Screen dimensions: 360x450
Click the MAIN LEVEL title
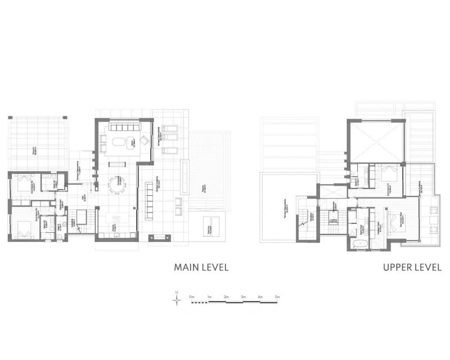(x=201, y=268)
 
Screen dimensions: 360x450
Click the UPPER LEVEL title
(x=412, y=268)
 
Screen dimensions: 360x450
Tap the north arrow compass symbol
(x=177, y=299)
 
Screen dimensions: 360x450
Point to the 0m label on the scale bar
(x=192, y=296)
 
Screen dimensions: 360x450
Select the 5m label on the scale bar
(x=277, y=296)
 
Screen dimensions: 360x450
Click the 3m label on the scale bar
(x=243, y=296)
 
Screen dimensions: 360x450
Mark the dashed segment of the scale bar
(x=200, y=301)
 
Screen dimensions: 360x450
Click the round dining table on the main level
(x=118, y=183)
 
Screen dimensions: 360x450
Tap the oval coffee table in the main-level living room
(x=119, y=142)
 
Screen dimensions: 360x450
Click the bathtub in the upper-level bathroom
(x=358, y=244)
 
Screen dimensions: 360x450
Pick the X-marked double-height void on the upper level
(x=376, y=141)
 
